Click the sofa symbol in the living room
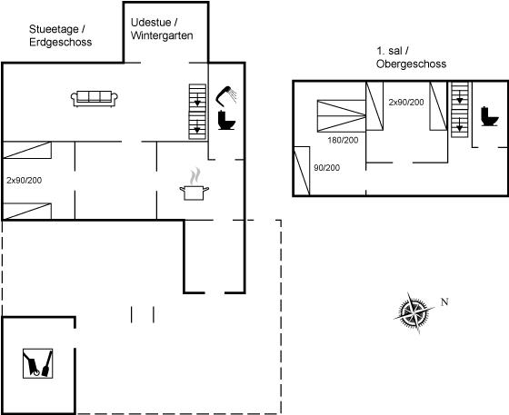(95, 99)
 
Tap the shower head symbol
(226, 95)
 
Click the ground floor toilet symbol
(226, 120)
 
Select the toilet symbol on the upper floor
(490, 116)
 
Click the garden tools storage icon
(37, 363)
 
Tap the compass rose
(414, 312)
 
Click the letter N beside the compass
(444, 301)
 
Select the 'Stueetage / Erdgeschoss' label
(60, 35)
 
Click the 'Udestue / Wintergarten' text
(162, 29)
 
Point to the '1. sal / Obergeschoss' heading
(411, 57)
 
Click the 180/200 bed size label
(343, 140)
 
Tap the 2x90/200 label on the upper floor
(406, 102)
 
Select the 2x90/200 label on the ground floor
(24, 181)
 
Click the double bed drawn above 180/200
(342, 115)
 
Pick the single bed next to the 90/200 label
(302, 171)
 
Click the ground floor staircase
(197, 112)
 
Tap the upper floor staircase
(460, 110)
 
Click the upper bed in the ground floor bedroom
(27, 150)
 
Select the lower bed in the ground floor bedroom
(27, 211)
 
